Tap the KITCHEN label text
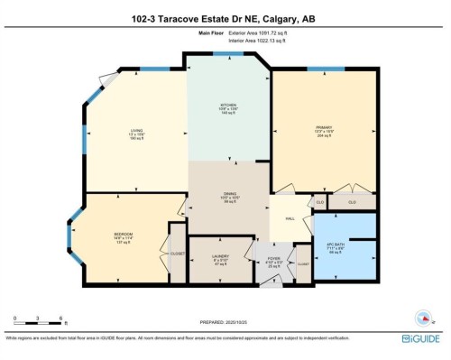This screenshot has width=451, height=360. click(228, 105)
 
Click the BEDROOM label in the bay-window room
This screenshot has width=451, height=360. click(123, 234)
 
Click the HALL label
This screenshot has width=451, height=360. click(290, 218)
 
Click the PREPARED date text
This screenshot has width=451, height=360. click(224, 321)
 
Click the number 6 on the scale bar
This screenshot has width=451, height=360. click(60, 318)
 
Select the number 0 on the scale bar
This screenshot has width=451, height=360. click(15, 318)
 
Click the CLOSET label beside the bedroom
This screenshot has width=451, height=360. click(177, 254)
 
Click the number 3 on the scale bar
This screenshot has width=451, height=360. click(37, 318)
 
